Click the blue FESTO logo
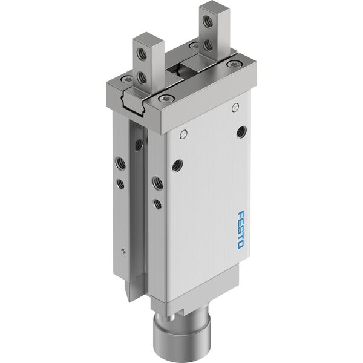tap(241, 229)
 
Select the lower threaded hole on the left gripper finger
tap(141, 77)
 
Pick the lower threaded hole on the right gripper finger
tap(207, 44)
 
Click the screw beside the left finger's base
tap(127, 79)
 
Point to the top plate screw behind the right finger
tap(194, 45)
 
